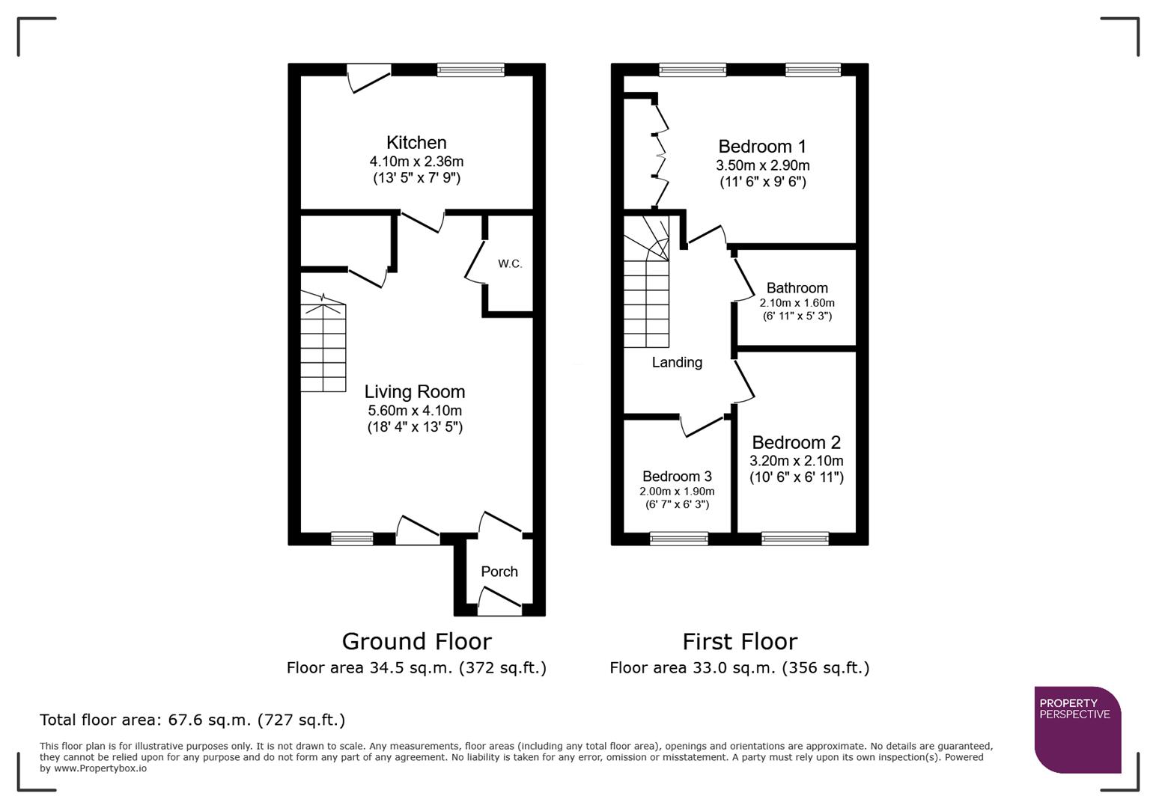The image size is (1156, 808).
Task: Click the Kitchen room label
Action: (x=416, y=142)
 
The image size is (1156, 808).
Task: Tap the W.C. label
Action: (x=510, y=264)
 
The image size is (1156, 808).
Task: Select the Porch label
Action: (x=499, y=572)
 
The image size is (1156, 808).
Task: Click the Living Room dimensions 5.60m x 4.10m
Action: (x=415, y=411)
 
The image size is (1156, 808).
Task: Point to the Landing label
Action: (x=677, y=362)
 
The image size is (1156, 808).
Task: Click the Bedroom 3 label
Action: (x=677, y=477)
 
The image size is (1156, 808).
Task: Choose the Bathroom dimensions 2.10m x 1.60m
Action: (x=797, y=303)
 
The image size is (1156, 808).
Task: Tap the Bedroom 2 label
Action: (x=796, y=442)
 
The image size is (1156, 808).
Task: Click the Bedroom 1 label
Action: (x=762, y=147)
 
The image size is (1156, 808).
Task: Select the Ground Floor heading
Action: (x=416, y=641)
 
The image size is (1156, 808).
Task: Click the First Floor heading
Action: (x=740, y=641)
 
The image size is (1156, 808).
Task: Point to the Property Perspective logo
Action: (x=1077, y=729)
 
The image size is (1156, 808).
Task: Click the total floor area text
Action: (x=192, y=720)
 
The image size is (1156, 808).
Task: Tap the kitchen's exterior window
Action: (x=471, y=70)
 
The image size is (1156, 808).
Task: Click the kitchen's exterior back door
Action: (x=369, y=78)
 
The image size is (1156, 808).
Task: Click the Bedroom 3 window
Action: (x=679, y=538)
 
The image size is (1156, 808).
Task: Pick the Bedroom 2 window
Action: (x=795, y=538)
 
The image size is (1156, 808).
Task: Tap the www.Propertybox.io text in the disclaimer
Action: (x=100, y=768)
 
